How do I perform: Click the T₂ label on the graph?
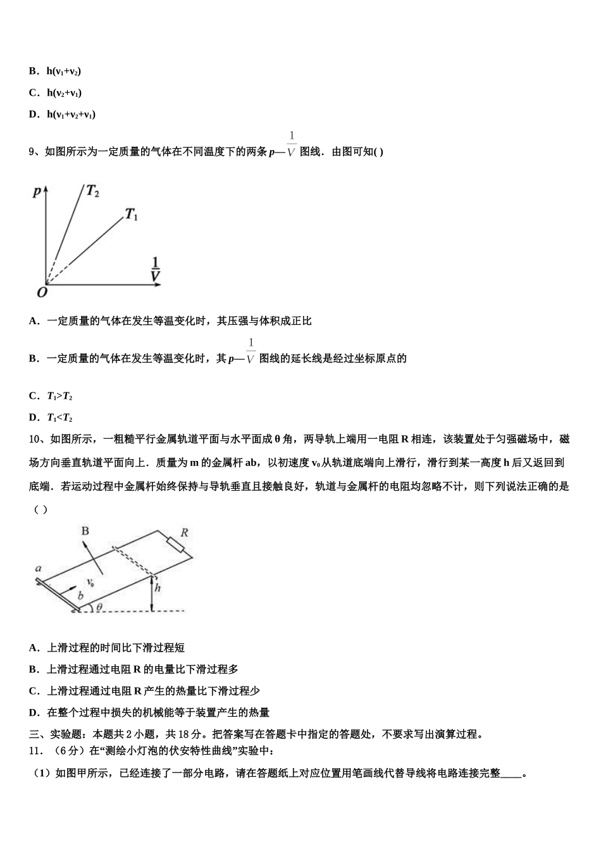click(92, 191)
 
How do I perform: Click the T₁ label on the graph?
click(131, 215)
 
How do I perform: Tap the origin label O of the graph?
click(42, 292)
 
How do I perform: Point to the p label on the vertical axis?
click(37, 191)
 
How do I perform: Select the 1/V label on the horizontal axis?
click(155, 268)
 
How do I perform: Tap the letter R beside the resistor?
click(184, 532)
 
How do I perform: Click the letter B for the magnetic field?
click(85, 531)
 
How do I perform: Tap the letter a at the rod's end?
click(39, 569)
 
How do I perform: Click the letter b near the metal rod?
click(80, 596)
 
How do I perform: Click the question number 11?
click(36, 751)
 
